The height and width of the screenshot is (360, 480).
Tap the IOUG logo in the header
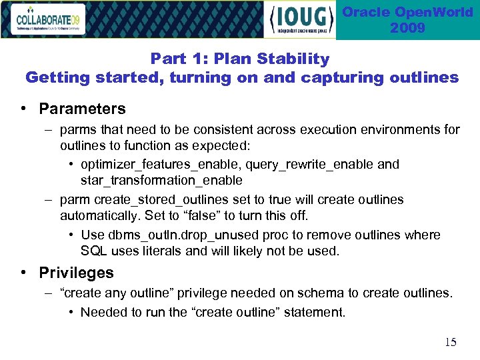pos(299,19)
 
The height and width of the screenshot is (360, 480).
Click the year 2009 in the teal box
pos(407,29)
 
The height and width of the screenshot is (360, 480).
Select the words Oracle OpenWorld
pos(407,13)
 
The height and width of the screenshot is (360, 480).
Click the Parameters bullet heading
pos(82,109)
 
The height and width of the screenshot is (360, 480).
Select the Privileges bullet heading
pos(76,273)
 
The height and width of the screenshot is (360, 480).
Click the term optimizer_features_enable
pos(161,165)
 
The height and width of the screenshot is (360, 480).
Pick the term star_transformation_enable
pos(161,181)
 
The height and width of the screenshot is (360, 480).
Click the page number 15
pos(451,342)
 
